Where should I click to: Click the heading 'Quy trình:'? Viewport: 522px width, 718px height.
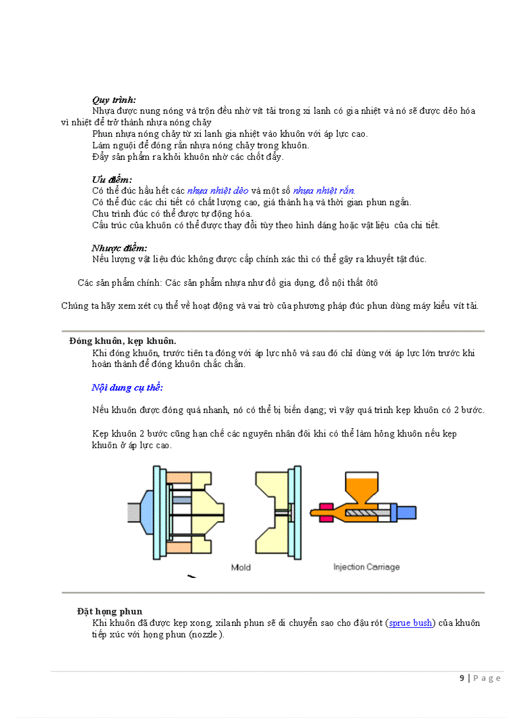(114, 100)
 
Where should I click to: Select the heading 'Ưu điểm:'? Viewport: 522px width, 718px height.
(112, 180)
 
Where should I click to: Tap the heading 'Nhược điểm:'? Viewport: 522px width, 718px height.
(119, 248)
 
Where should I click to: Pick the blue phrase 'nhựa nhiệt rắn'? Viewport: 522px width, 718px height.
(324, 191)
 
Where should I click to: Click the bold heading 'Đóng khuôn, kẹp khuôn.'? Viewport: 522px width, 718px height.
(123, 341)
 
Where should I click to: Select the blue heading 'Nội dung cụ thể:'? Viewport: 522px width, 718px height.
(127, 387)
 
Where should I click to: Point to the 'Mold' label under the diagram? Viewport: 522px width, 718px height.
(241, 567)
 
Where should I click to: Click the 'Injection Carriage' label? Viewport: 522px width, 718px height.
(367, 567)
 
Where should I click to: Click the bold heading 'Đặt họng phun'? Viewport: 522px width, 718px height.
(109, 612)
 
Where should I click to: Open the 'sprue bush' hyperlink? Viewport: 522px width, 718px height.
(411, 623)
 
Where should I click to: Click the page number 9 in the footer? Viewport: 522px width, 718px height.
(462, 678)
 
